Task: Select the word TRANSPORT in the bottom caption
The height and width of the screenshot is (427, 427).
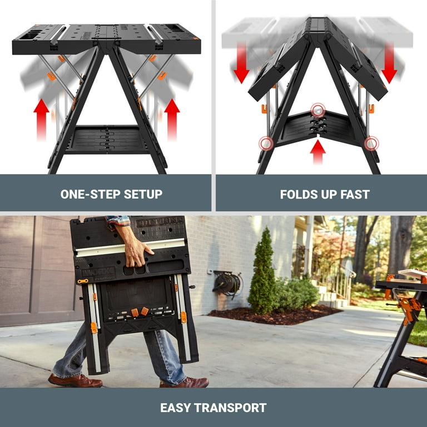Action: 232,408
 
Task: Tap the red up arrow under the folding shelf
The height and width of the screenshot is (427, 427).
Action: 317,151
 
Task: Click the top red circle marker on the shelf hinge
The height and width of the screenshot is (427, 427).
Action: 317,110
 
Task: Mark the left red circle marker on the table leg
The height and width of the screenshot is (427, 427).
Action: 266,143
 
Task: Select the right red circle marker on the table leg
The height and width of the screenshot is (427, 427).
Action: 371,143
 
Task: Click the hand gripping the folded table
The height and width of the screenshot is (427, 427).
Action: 136,251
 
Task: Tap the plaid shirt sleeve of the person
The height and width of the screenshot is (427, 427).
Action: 118,221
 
